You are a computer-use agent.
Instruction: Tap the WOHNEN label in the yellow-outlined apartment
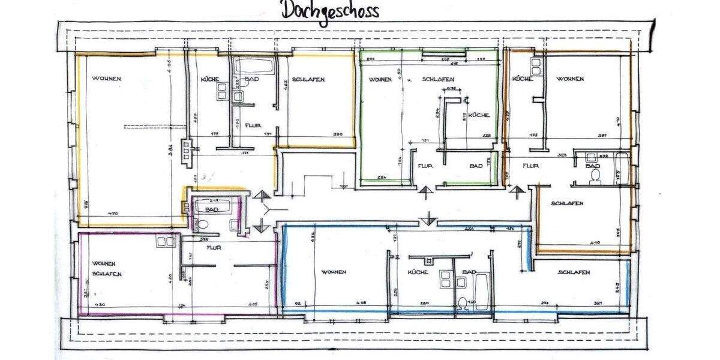coord(107,79)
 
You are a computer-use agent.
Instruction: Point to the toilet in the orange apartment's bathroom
coord(596,175)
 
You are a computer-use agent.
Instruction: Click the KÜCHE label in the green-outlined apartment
coord(479,115)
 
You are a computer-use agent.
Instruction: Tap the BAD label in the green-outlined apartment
coord(476,166)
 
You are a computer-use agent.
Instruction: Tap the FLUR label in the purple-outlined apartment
coord(214,247)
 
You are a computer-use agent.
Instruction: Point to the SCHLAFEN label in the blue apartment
coord(574,272)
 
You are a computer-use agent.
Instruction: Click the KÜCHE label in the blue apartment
coord(416,272)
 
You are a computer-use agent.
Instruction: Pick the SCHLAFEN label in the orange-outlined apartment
coord(567,203)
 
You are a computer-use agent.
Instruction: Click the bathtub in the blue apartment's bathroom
coord(482,292)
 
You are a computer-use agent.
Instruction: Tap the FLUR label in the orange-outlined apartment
coord(530,166)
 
